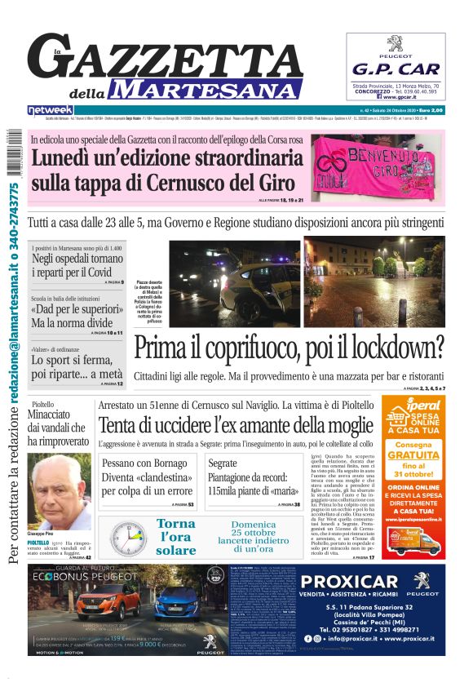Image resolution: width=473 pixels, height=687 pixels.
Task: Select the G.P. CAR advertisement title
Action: pyautogui.click(x=396, y=69)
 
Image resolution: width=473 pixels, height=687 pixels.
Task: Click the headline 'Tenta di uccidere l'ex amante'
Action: pyautogui.click(x=235, y=425)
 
